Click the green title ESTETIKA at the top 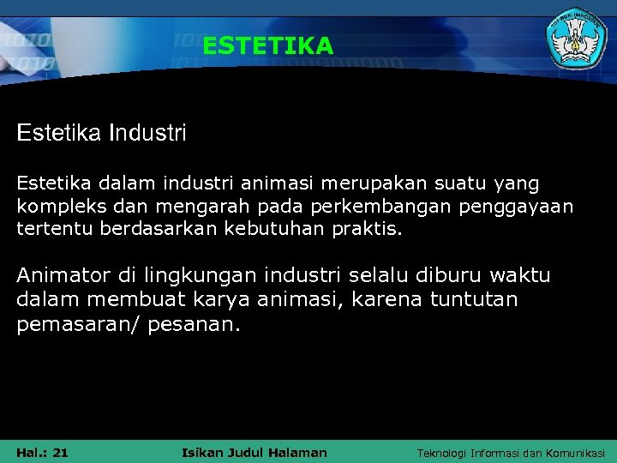pyautogui.click(x=267, y=45)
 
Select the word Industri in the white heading pyautogui.click(x=147, y=134)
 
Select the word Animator pyautogui.click(x=63, y=275)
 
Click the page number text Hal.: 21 pyautogui.click(x=43, y=452)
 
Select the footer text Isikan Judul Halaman pyautogui.click(x=255, y=452)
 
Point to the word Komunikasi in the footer pyautogui.click(x=574, y=453)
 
